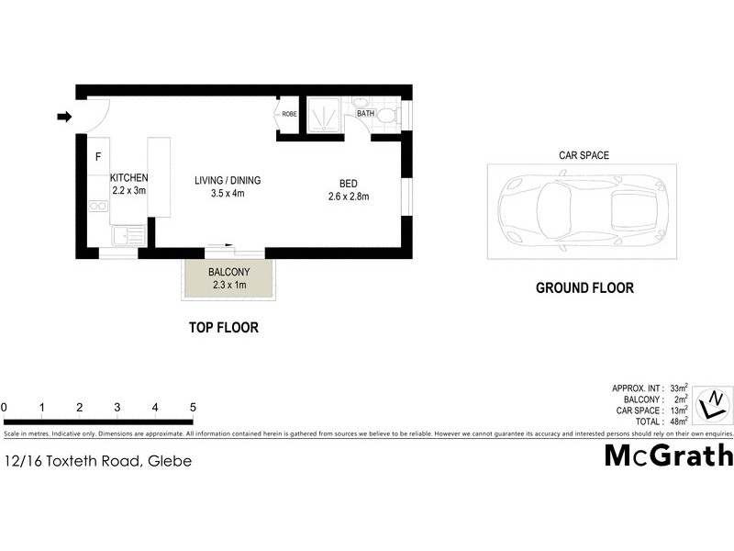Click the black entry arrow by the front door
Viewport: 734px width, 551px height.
(x=64, y=117)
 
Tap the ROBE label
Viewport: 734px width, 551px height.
(x=289, y=115)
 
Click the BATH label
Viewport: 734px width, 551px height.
(x=365, y=114)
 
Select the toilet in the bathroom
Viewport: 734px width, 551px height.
(x=387, y=116)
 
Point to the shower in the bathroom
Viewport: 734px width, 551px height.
(x=323, y=115)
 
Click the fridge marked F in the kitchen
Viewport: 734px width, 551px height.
(x=98, y=157)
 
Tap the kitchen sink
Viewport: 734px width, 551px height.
(x=128, y=237)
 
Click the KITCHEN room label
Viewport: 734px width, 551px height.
(x=128, y=178)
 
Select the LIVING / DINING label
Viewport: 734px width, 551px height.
(x=226, y=180)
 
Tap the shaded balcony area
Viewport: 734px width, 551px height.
(x=228, y=278)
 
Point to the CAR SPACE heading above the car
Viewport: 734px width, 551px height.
(x=584, y=156)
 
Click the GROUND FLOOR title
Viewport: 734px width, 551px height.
(x=584, y=287)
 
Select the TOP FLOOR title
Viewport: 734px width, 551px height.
(x=224, y=327)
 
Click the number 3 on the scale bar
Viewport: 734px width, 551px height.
(x=117, y=407)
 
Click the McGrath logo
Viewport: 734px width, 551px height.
(x=668, y=455)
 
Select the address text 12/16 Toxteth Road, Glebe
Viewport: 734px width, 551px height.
(x=98, y=461)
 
